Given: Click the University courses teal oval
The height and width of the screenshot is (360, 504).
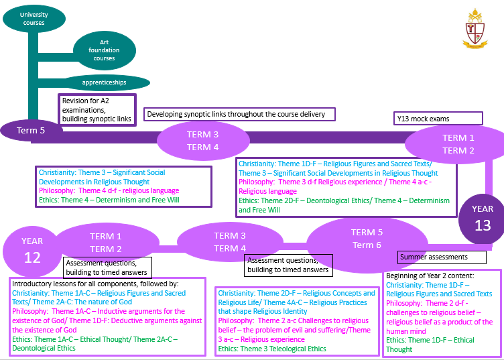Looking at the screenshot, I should pyautogui.click(x=34, y=18).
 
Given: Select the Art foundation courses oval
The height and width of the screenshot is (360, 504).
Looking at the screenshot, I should pyautogui.click(x=104, y=50).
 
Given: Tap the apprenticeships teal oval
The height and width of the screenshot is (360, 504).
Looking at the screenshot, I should pyautogui.click(x=104, y=82).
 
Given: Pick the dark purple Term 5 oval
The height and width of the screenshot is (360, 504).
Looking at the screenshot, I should pyautogui.click(x=31, y=130).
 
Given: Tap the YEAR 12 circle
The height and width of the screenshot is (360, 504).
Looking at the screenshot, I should pyautogui.click(x=31, y=249).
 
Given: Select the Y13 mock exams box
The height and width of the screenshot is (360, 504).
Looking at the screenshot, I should pyautogui.click(x=438, y=119).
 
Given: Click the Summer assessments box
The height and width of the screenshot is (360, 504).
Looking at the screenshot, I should pyautogui.click(x=442, y=257).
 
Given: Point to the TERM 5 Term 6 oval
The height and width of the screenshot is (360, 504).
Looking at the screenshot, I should pyautogui.click(x=367, y=239).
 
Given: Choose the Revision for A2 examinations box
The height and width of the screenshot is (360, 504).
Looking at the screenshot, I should pyautogui.click(x=98, y=109).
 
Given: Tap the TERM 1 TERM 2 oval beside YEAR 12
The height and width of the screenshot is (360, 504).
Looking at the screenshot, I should pyautogui.click(x=105, y=243).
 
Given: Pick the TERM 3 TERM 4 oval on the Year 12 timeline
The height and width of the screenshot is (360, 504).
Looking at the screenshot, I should pyautogui.click(x=230, y=242).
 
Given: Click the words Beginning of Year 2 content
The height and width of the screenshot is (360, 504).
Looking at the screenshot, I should pyautogui.click(x=429, y=276).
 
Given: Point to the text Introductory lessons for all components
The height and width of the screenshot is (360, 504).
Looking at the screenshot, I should pyautogui.click(x=95, y=284).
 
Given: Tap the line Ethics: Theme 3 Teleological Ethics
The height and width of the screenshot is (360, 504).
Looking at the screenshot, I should pyautogui.click(x=271, y=349).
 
